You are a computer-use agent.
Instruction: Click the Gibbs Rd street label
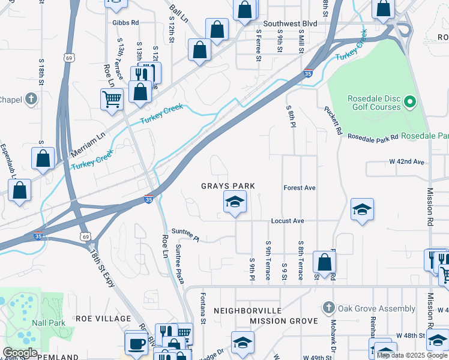pyautogui.click(x=125, y=23)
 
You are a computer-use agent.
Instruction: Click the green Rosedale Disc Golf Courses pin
pyautogui.click(x=411, y=103)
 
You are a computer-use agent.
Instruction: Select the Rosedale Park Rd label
pyautogui.click(x=373, y=137)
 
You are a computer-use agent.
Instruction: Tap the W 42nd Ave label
pyautogui.click(x=406, y=162)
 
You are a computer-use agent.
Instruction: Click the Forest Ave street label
pyautogui.click(x=300, y=188)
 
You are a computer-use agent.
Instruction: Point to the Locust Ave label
pyautogui.click(x=288, y=221)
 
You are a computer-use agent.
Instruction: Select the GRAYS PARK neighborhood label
pyautogui.click(x=228, y=187)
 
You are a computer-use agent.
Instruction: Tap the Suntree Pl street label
pyautogui.click(x=185, y=234)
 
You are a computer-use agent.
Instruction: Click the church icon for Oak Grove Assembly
pyautogui.click(x=327, y=308)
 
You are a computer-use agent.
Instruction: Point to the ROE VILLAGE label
pyautogui.click(x=103, y=318)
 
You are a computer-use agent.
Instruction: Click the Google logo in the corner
pyautogui.click(x=20, y=353)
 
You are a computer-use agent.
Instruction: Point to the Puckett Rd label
pyautogui.click(x=333, y=120)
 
